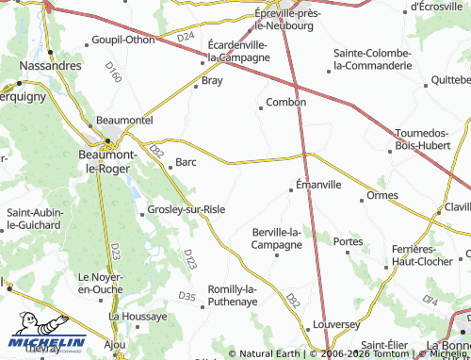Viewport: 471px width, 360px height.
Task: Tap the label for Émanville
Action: coord(318,185)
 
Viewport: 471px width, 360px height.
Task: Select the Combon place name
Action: coord(286,102)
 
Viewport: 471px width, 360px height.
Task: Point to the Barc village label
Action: coord(186,162)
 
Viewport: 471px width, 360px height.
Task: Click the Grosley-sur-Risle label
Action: coord(187,208)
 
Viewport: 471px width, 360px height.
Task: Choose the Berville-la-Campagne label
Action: coord(277,238)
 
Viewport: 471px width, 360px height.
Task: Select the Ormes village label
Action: coord(382,196)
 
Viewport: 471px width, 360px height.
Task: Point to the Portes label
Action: coord(348,241)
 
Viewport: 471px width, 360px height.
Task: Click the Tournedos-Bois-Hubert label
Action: coord(427,139)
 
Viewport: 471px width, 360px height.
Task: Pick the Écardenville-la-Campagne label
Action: coord(238,51)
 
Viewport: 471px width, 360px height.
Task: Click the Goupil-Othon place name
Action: coord(122,40)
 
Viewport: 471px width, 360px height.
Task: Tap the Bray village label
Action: coord(212,81)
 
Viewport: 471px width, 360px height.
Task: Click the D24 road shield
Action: coord(185,37)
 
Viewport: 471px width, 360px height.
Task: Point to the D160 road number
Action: coord(114,74)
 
